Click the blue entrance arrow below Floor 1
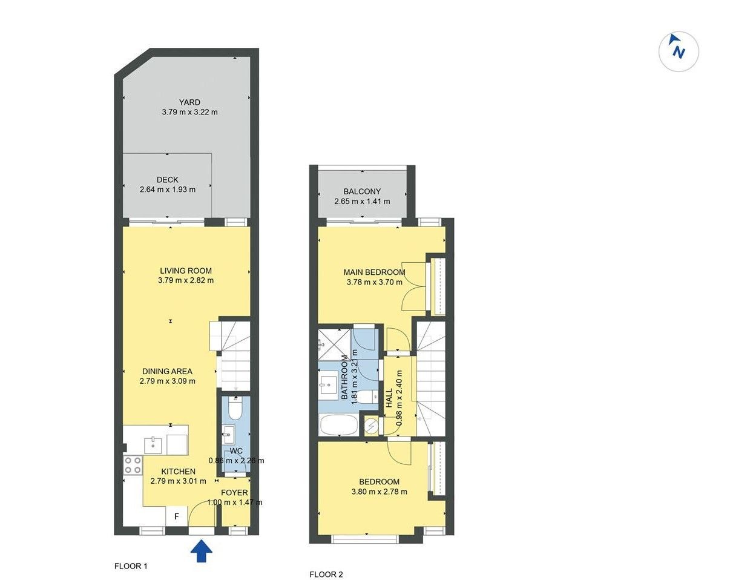click(202, 551)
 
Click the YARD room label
click(189, 102)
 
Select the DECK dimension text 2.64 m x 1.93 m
click(168, 189)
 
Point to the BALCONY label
click(362, 191)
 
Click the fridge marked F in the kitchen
click(176, 516)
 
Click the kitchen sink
click(153, 446)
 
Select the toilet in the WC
click(235, 409)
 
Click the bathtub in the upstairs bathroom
click(338, 425)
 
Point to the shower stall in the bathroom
click(334, 344)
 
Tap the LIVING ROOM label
click(186, 271)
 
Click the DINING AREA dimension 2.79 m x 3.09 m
click(168, 381)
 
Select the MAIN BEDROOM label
click(374, 272)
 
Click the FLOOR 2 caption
click(326, 575)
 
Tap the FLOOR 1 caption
click(131, 566)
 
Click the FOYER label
click(234, 492)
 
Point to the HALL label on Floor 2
click(389, 398)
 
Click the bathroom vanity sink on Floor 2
click(328, 386)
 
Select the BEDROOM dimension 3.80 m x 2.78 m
click(380, 492)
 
